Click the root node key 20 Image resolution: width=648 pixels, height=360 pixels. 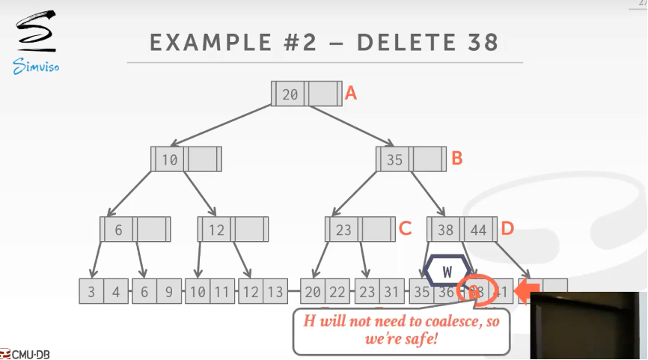290,94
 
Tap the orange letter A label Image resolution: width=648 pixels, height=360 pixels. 350,94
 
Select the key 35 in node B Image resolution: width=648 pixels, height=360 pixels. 394,159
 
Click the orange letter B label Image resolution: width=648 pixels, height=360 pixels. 457,159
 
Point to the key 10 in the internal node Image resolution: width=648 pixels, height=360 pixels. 170,159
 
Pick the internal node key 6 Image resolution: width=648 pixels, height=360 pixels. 118,230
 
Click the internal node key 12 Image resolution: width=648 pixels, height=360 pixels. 216,230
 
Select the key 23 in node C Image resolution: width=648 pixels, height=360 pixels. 343,230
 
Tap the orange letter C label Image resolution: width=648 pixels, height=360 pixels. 405,229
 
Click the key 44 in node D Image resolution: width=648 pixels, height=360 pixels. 478,230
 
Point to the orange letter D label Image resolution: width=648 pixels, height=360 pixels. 507,229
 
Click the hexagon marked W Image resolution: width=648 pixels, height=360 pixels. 447,272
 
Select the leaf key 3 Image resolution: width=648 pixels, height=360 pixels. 91,292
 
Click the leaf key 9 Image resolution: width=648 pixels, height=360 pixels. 168,292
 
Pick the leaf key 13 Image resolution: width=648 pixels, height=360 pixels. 274,292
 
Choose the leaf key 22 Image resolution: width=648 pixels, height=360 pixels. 337,292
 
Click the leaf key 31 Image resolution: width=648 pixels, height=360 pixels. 391,292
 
